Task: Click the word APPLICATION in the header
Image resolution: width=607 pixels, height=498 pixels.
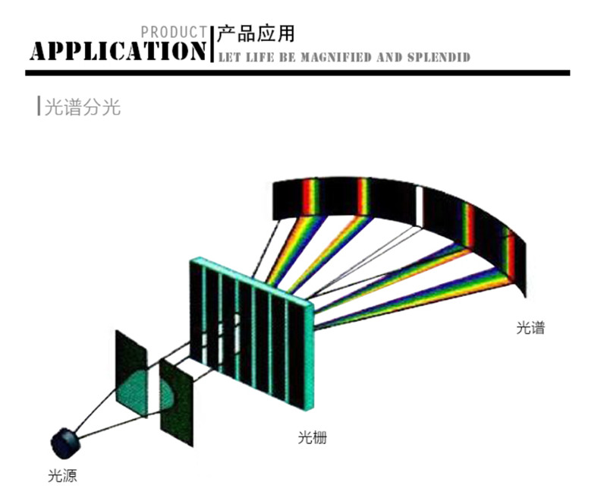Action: (118, 50)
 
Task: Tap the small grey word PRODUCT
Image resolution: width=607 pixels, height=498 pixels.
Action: (174, 32)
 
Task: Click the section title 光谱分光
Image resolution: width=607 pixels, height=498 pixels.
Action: (82, 107)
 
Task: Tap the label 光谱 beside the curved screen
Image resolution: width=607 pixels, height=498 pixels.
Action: (530, 328)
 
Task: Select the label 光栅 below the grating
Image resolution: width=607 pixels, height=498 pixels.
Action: (312, 438)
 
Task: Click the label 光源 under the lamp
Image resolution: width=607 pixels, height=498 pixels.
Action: (62, 476)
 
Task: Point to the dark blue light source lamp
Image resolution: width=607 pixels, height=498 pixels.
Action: (66, 440)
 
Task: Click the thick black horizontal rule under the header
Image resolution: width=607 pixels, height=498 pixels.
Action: (297, 73)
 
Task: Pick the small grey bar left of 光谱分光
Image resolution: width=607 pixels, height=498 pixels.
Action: (39, 107)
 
